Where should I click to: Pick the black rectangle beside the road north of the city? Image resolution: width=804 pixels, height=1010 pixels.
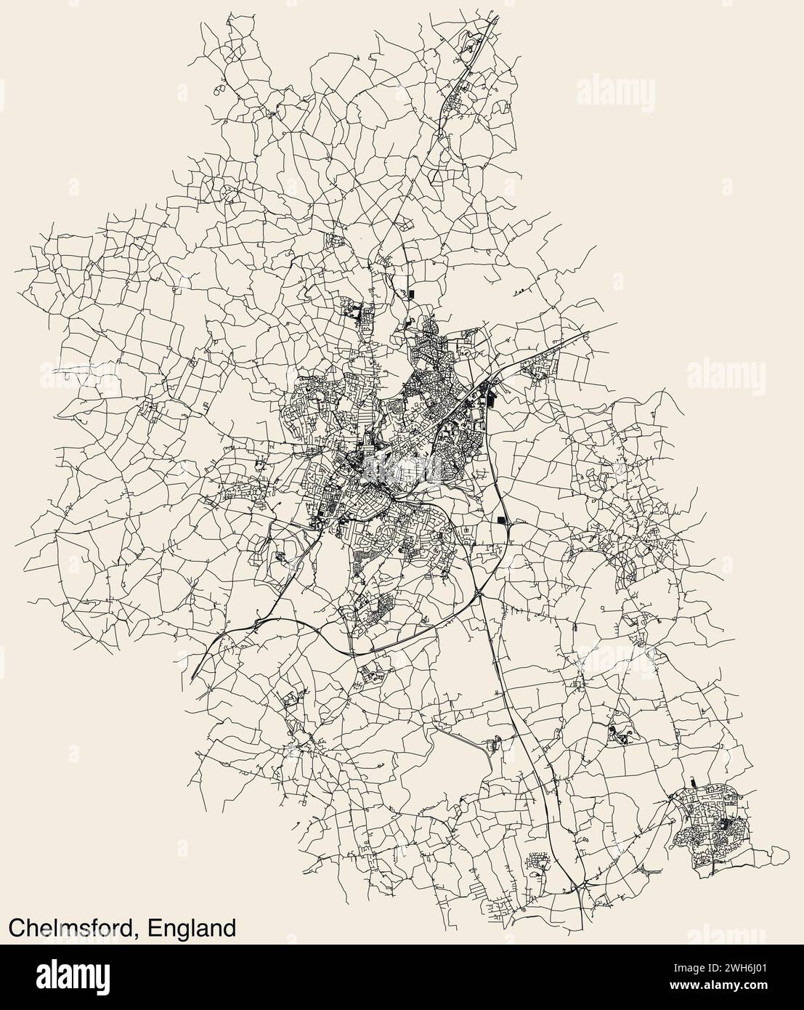(411, 294)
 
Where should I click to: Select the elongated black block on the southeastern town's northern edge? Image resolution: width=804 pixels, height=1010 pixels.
(691, 783)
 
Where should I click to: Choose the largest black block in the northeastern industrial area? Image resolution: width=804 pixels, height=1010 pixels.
(487, 398)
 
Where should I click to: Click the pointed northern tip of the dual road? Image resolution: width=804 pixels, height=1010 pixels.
(498, 16)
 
